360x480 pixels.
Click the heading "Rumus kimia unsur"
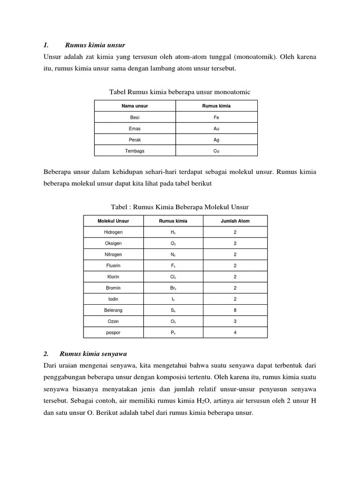click(95, 45)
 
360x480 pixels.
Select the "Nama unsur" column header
click(135, 106)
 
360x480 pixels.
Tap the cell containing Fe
click(216, 117)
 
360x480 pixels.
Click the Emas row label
click(135, 128)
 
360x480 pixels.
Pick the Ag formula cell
click(216, 140)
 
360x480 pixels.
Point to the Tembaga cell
click(135, 151)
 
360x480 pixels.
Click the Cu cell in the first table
click(216, 151)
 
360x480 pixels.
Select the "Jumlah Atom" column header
click(235, 221)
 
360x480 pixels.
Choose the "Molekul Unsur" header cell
click(113, 221)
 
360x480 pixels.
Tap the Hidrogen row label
click(113, 232)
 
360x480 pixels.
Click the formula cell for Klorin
click(173, 277)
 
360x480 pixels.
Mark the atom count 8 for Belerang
click(235, 310)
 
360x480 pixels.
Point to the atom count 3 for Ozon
click(235, 321)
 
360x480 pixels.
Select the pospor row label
click(113, 332)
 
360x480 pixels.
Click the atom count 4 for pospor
click(235, 332)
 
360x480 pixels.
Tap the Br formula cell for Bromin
click(173, 288)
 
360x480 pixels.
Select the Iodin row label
click(113, 299)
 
